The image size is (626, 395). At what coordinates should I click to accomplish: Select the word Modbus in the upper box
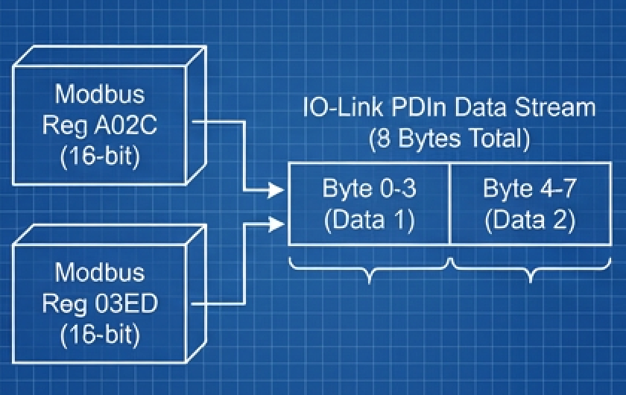(x=100, y=95)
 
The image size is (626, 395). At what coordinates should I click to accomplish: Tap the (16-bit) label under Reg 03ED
(x=100, y=335)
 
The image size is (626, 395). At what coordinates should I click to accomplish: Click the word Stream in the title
(x=557, y=107)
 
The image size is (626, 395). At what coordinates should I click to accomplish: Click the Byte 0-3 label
(x=369, y=189)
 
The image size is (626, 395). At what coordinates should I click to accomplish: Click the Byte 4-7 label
(x=529, y=189)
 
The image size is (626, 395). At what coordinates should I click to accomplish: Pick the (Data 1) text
(x=369, y=220)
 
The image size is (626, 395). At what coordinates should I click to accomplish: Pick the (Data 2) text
(x=529, y=220)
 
